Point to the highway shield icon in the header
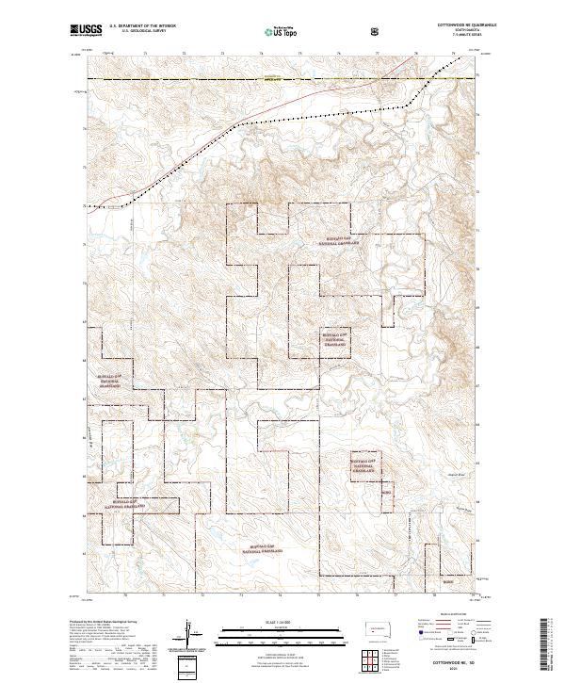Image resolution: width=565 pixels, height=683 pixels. tap(377, 31)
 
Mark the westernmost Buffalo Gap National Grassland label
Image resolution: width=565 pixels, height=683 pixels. tap(108, 381)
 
